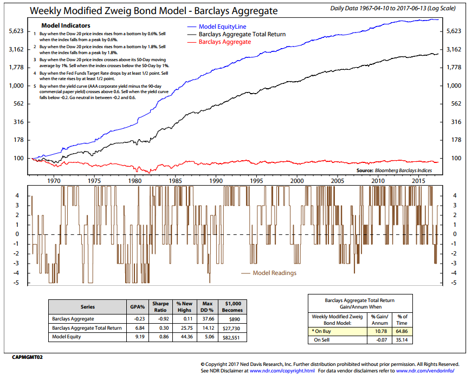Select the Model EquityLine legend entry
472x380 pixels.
tap(222, 27)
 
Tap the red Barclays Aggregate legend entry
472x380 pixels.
tap(225, 42)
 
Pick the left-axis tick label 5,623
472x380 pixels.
tap(18, 31)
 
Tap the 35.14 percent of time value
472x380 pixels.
tap(402, 339)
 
